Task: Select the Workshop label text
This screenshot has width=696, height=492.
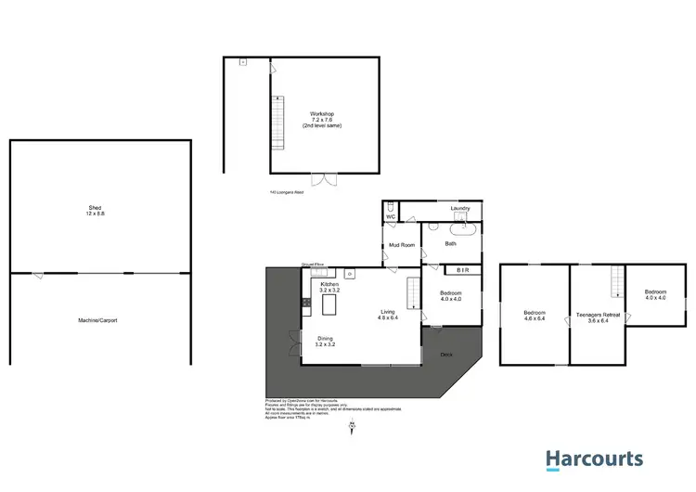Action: [322, 114]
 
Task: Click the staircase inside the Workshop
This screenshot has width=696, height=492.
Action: [276, 123]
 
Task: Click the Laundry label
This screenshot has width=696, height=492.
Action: [460, 209]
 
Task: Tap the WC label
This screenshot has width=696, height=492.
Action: [391, 217]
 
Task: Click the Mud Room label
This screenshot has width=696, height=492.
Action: [400, 245]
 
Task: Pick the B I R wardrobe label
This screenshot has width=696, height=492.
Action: [461, 270]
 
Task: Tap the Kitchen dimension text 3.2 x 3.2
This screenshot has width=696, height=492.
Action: [329, 291]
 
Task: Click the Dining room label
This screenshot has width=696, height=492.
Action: [325, 338]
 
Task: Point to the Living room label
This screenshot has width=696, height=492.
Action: [388, 313]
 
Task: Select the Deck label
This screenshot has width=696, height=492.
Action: [445, 354]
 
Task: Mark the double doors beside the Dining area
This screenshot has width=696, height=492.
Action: [293, 343]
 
